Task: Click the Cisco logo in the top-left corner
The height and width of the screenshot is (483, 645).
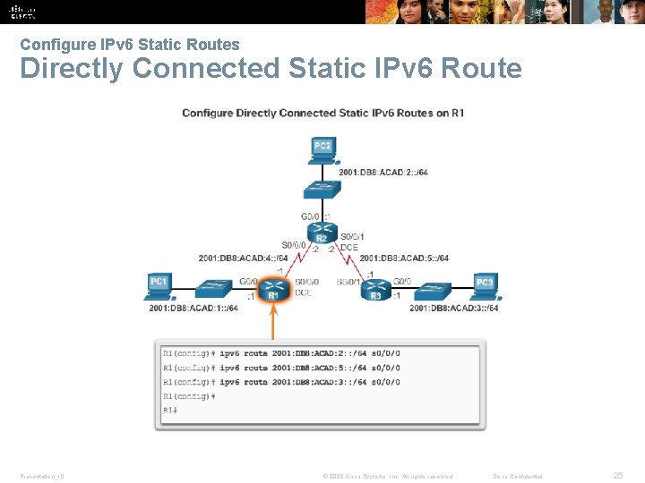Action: [23, 11]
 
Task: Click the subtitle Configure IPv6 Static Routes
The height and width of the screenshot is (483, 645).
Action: [130, 44]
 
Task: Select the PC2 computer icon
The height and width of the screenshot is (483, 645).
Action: [322, 150]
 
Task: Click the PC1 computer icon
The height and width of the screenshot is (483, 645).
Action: [159, 286]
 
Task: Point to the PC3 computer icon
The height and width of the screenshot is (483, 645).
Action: [485, 286]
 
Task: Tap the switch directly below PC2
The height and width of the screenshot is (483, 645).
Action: [321, 189]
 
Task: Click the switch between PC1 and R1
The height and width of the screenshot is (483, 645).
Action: [213, 290]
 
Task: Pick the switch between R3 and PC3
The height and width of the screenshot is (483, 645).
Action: [429, 290]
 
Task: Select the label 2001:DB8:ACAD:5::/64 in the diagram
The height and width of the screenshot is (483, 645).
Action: [404, 258]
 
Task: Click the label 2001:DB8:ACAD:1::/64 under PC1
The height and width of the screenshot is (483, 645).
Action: [193, 309]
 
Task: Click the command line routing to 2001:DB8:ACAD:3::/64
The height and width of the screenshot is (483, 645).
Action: [281, 382]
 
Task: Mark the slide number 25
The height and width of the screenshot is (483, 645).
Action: [617, 475]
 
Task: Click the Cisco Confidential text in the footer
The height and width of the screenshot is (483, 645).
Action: [518, 476]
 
